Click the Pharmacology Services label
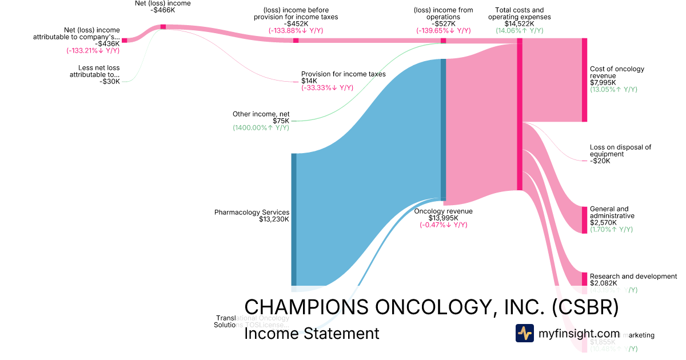pyautogui.click(x=252, y=213)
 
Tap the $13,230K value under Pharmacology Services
pyautogui.click(x=274, y=219)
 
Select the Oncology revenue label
pyautogui.click(x=443, y=211)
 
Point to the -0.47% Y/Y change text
pyautogui.click(x=443, y=225)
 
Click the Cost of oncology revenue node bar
pyautogui.click(x=584, y=80)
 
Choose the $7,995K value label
pyautogui.click(x=603, y=82)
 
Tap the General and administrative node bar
pyautogui.click(x=584, y=220)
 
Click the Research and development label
pyautogui.click(x=633, y=277)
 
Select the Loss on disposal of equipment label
pyautogui.click(x=620, y=151)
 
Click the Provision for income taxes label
pyautogui.click(x=343, y=74)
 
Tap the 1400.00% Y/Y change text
pyautogui.click(x=261, y=128)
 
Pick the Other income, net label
pyautogui.click(x=261, y=114)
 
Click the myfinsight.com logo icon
pyautogui.click(x=524, y=333)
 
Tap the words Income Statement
pyautogui.click(x=312, y=333)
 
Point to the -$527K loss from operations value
pyautogui.click(x=443, y=24)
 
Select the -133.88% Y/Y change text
pyautogui.click(x=296, y=31)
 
